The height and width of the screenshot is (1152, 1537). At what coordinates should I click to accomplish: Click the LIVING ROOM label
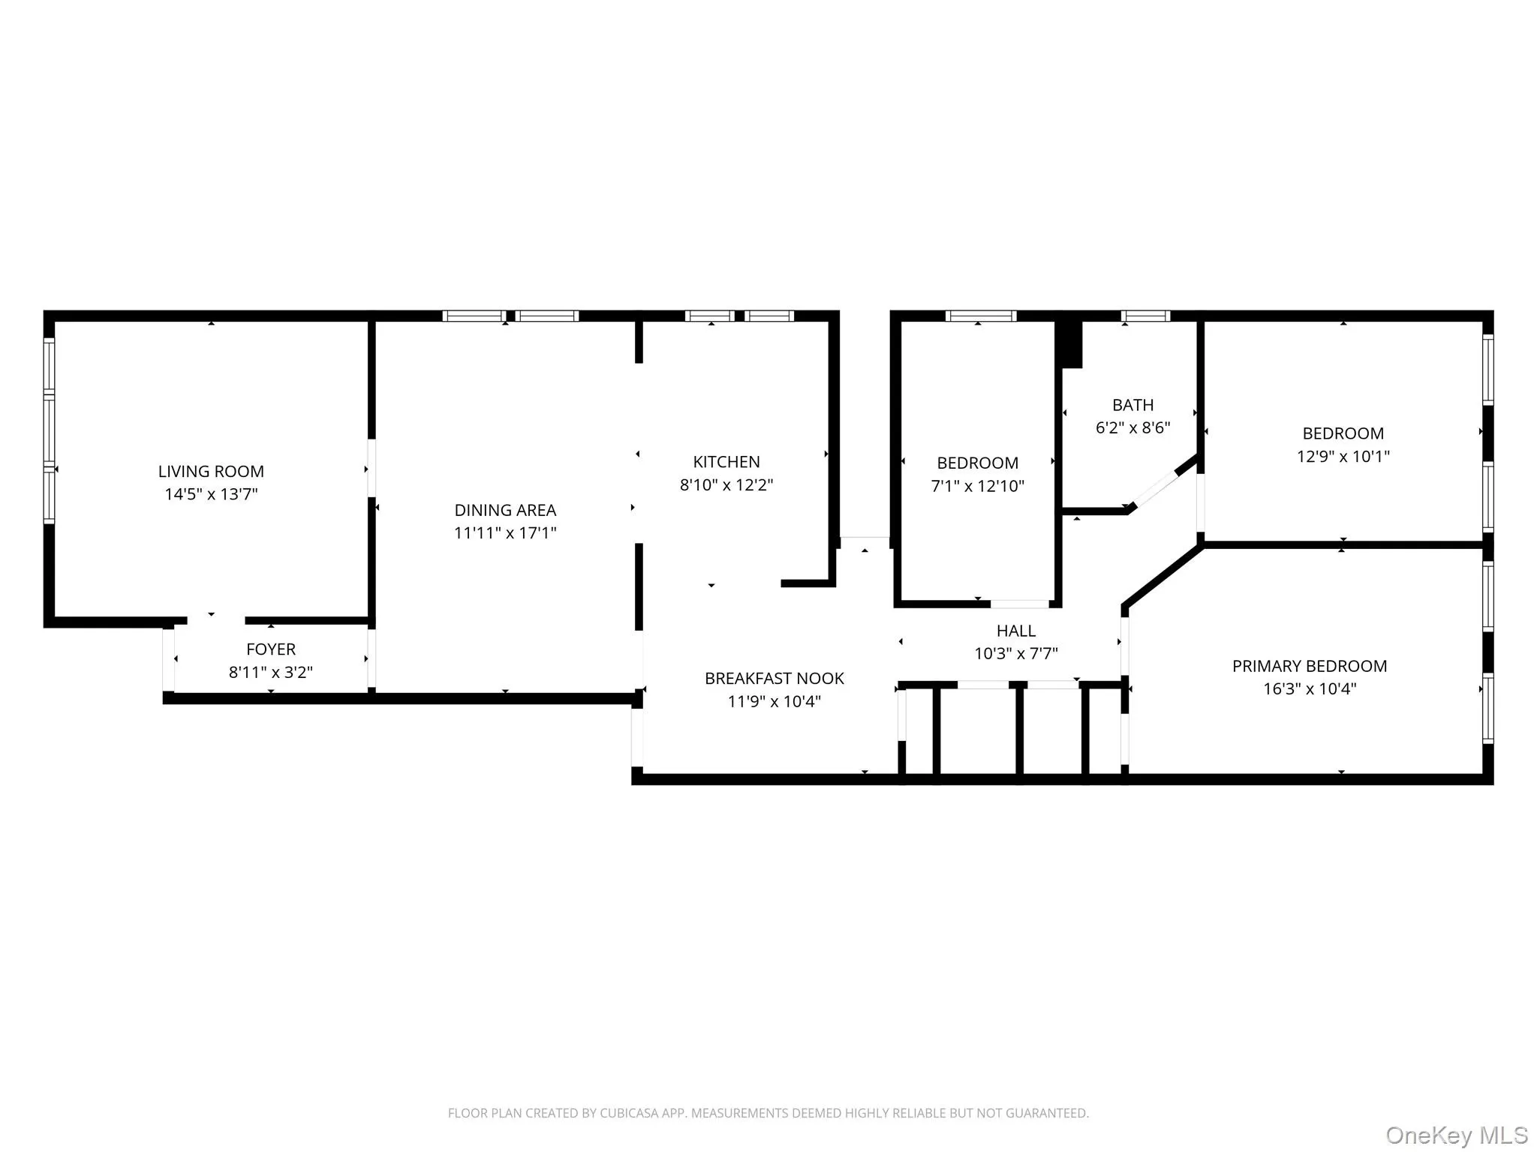pos(211,472)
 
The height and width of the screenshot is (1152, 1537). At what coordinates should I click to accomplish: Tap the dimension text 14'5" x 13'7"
pos(211,494)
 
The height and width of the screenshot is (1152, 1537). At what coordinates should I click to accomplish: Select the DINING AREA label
pos(505,511)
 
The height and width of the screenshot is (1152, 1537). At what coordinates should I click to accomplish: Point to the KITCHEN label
pos(726,462)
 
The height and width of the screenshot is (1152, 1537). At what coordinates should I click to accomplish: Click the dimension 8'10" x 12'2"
pos(726,485)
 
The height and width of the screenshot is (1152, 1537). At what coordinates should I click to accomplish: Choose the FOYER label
pos(271,649)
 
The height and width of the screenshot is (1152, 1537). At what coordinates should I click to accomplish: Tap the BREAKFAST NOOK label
pos(774,679)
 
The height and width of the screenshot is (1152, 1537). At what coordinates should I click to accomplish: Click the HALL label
pos(1015,631)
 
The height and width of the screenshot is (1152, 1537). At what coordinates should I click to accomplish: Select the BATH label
pos(1132,405)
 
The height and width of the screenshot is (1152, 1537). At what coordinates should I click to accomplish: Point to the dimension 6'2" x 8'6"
pos(1132,428)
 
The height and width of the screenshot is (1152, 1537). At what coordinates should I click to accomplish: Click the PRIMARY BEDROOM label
pos(1309,666)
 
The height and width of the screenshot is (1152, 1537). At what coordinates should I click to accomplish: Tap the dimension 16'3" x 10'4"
pos(1309,689)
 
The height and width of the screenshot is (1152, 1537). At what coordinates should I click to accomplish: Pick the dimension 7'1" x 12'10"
pos(977,487)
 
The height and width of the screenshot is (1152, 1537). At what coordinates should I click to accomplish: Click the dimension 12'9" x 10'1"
pos(1343,457)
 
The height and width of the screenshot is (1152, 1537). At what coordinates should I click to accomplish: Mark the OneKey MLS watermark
pos(1456,1135)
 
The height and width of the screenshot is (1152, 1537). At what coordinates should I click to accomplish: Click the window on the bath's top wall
pos(1145,316)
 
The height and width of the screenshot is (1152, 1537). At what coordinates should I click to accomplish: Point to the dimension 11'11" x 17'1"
pos(505,533)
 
